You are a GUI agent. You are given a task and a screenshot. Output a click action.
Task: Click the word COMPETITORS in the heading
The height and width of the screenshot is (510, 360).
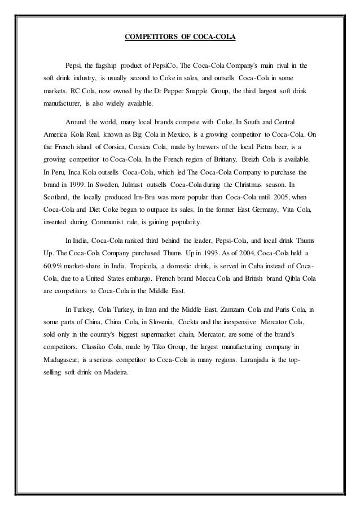(149, 38)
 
